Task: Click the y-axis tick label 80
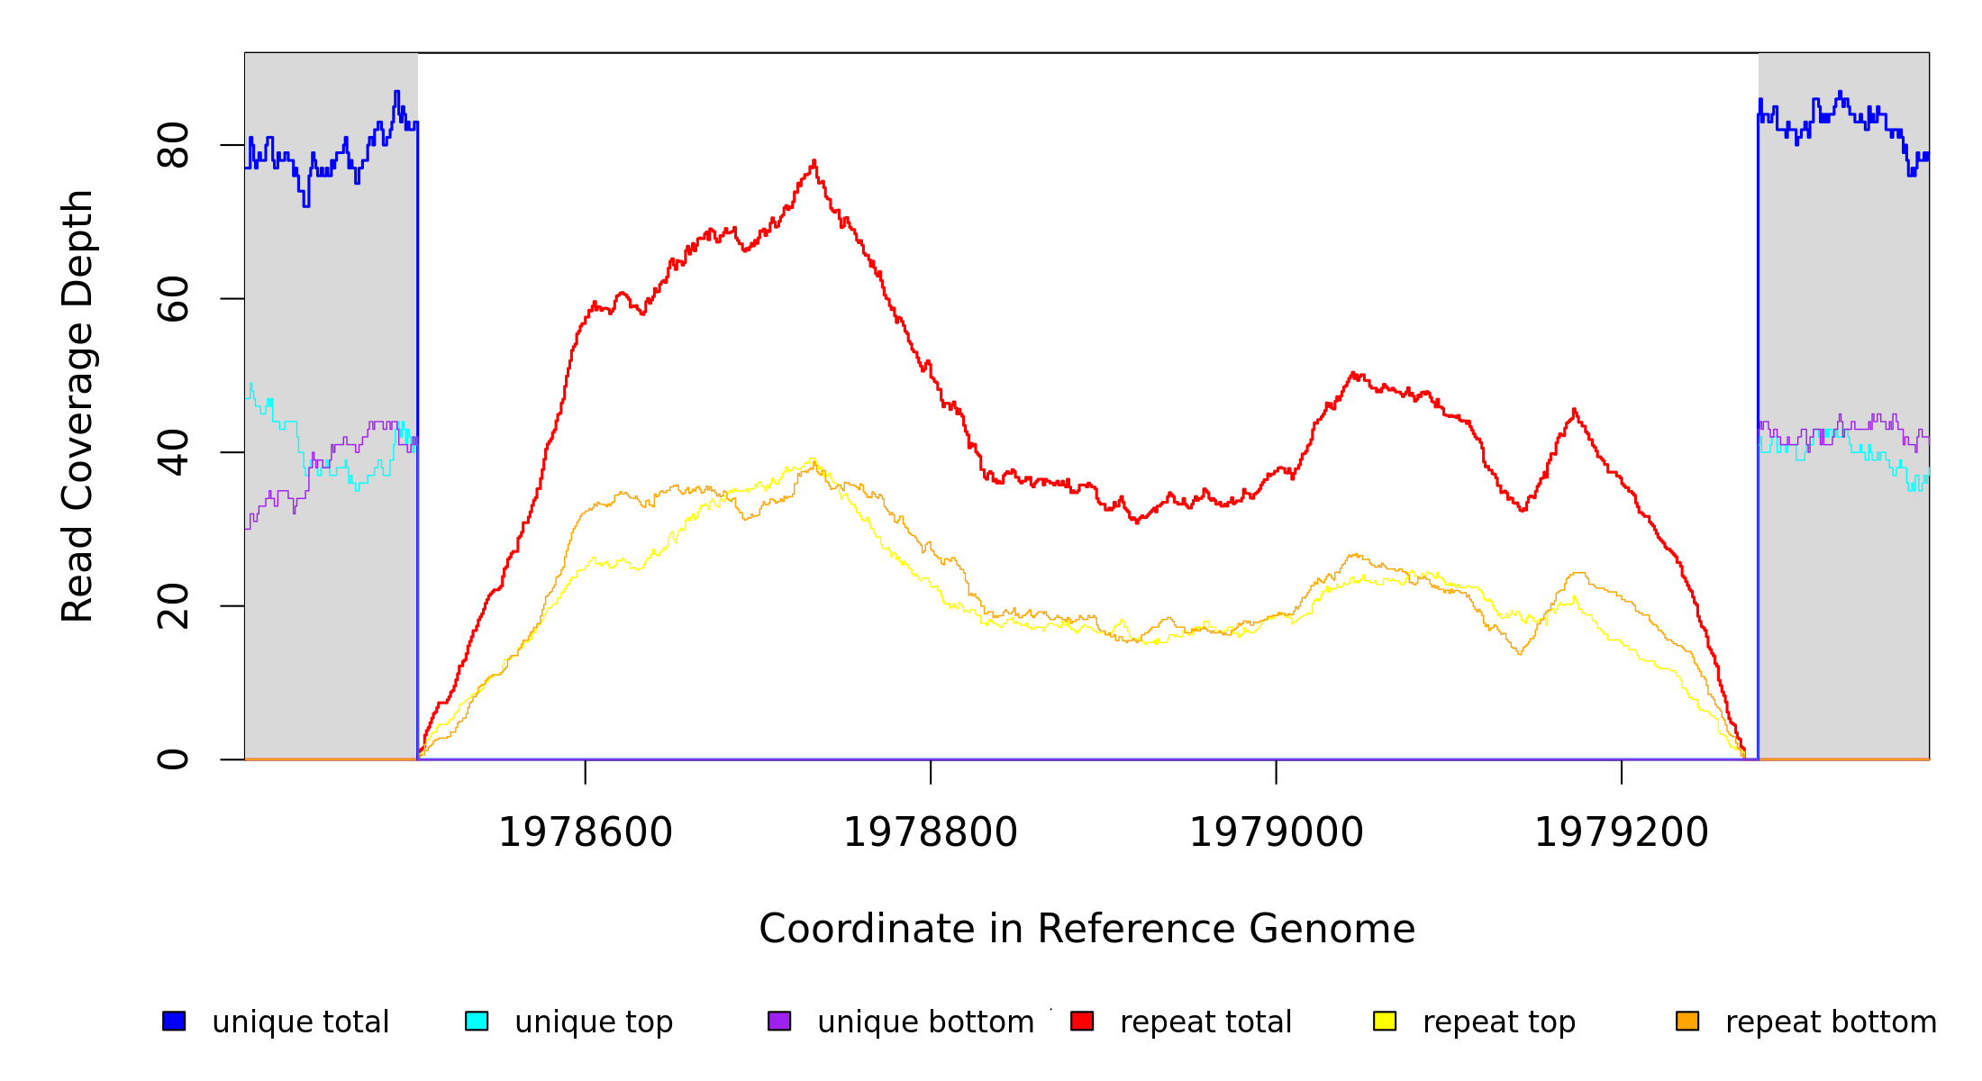click(173, 145)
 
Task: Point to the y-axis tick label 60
click(173, 299)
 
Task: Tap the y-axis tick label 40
click(173, 452)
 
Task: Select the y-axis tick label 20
click(173, 606)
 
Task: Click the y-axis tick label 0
click(173, 759)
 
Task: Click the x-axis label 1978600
click(586, 832)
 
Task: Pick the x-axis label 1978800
click(931, 832)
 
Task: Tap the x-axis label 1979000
click(1277, 832)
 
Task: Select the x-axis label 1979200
click(1622, 832)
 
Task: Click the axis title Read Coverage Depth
click(77, 405)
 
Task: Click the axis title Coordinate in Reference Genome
click(1086, 929)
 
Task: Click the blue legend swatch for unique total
click(174, 1021)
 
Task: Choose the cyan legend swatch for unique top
click(477, 1021)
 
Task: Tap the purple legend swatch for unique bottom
click(779, 1021)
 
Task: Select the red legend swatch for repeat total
click(1082, 1021)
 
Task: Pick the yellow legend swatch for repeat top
click(1385, 1021)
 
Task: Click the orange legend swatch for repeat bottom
click(1687, 1021)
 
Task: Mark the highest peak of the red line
click(814, 162)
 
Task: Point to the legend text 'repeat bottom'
click(1831, 1022)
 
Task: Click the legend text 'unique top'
click(594, 1022)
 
